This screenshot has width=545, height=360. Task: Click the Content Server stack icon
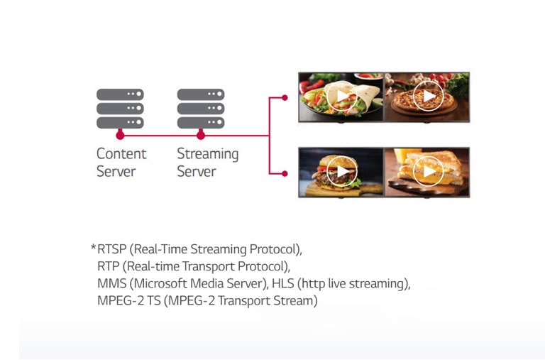point(120,108)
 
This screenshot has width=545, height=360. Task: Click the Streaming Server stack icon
point(201,108)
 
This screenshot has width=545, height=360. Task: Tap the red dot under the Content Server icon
point(120,135)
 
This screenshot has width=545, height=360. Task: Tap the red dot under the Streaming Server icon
point(201,135)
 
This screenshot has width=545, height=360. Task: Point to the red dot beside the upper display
point(284,97)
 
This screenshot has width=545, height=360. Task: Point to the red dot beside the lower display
point(284,173)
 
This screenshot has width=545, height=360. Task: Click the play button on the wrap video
point(341,97)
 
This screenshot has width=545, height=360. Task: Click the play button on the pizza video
point(428,97)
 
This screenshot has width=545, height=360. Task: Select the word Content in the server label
point(121,154)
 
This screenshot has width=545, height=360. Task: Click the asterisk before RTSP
point(93,249)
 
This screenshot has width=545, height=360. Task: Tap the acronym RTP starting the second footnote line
point(109,267)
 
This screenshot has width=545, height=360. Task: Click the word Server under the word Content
point(116,172)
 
